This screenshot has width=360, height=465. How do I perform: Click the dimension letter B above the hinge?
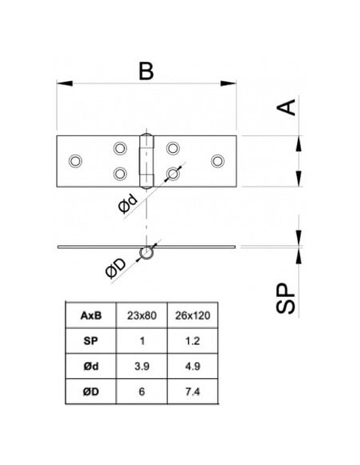(147, 71)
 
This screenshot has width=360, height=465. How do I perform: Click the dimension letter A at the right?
(286, 107)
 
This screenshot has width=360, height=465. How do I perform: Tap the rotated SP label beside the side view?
(286, 299)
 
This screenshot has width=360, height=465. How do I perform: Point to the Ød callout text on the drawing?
(128, 203)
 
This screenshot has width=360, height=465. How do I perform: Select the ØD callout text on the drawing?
(116, 268)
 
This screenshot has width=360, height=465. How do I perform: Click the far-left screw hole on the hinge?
(76, 161)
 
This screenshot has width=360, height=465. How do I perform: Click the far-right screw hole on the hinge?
(217, 161)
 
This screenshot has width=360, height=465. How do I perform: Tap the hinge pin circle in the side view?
(147, 253)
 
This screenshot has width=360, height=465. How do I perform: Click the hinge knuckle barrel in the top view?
(147, 162)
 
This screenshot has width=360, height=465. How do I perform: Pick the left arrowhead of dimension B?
(65, 84)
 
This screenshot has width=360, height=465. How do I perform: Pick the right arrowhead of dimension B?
(229, 84)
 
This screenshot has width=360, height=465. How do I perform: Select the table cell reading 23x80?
(142, 315)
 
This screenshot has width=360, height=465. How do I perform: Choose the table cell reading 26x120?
(193, 315)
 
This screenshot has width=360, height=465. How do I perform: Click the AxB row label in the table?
(91, 315)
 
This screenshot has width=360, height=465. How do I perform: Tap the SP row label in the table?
(91, 341)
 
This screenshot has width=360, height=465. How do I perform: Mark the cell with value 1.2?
(193, 341)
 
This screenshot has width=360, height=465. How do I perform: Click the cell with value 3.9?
(142, 366)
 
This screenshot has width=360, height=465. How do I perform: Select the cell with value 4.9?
(193, 366)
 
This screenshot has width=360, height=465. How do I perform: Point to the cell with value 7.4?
(193, 392)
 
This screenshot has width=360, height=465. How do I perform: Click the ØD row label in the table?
(91, 392)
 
